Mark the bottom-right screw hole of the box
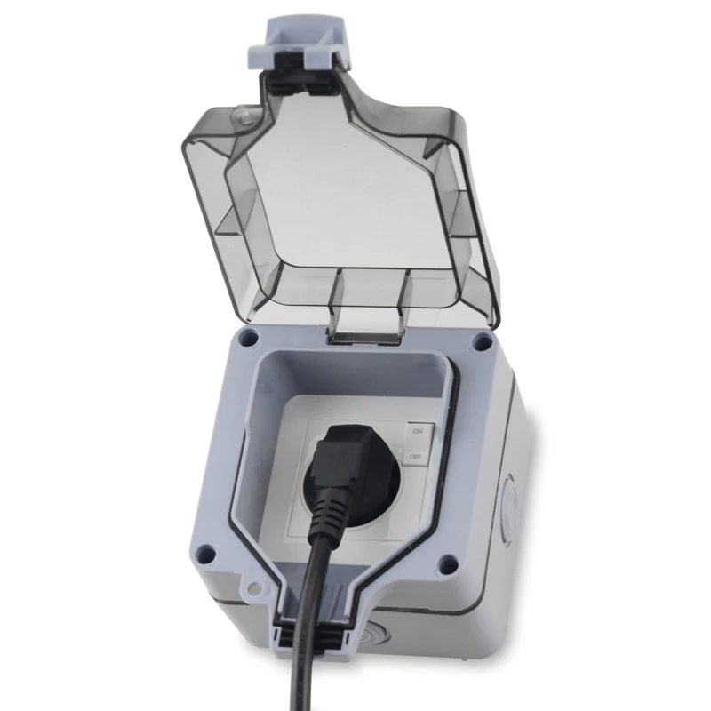(448, 563)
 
